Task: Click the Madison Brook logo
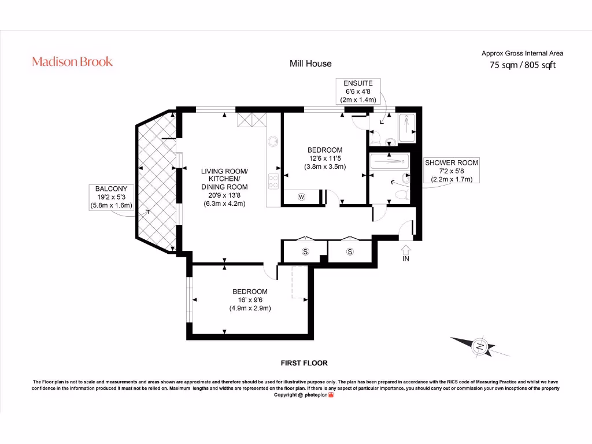(72, 61)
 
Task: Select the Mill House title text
(310, 64)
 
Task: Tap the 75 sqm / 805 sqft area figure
(522, 65)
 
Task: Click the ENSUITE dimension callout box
(358, 91)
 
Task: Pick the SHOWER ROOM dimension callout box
(452, 171)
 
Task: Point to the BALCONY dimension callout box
(111, 197)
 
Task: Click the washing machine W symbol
(301, 197)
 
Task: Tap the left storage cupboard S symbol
(305, 251)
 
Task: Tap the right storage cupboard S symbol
(350, 251)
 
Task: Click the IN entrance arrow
(405, 253)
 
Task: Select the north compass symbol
(480, 346)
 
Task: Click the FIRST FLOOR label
(304, 363)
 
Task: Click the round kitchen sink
(273, 140)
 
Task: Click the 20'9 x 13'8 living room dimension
(224, 195)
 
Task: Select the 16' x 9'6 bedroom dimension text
(250, 299)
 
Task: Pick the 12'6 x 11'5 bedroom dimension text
(325, 158)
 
